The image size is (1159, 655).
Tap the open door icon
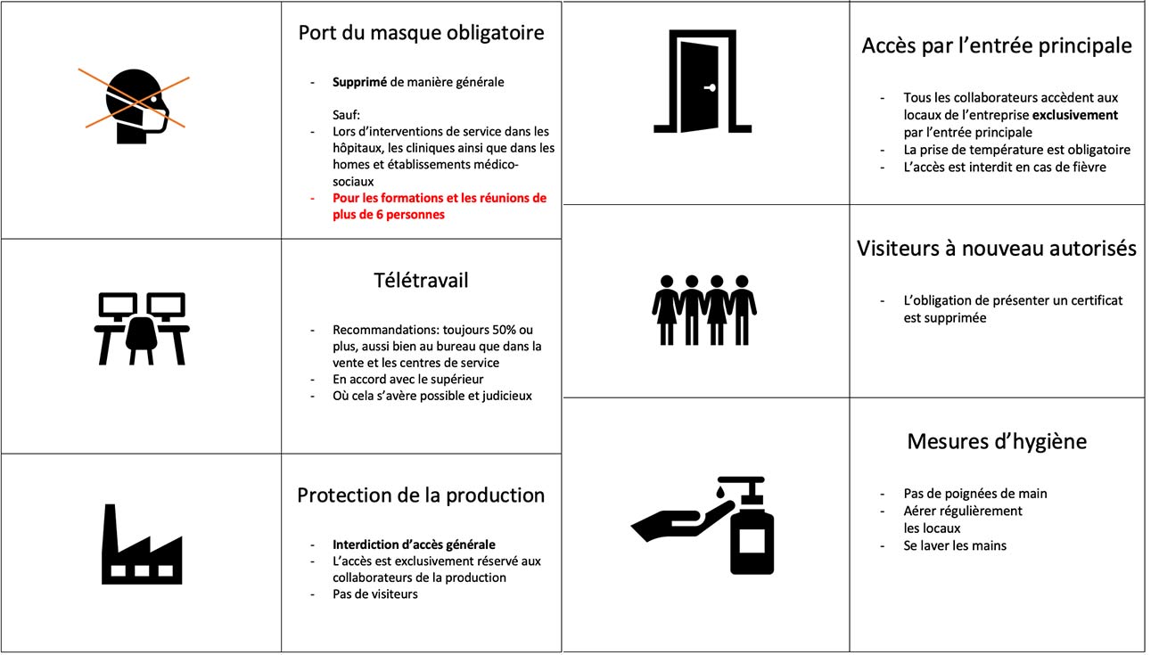coord(703,81)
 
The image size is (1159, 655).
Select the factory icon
coord(142,544)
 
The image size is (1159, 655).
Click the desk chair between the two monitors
coord(141,340)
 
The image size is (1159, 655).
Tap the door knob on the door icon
coord(711,88)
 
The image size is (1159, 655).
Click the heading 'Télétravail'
coord(421,281)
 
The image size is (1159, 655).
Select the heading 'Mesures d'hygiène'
coord(997,441)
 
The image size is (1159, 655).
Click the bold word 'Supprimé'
coord(359,82)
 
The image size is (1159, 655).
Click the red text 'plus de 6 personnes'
coord(389,214)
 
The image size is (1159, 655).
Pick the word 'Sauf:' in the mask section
coord(346,115)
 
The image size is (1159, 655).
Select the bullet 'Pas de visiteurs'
coord(375,594)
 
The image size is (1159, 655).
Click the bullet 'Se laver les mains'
coord(955,545)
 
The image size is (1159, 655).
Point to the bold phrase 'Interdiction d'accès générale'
coord(414,544)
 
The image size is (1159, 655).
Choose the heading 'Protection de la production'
coord(421,495)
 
